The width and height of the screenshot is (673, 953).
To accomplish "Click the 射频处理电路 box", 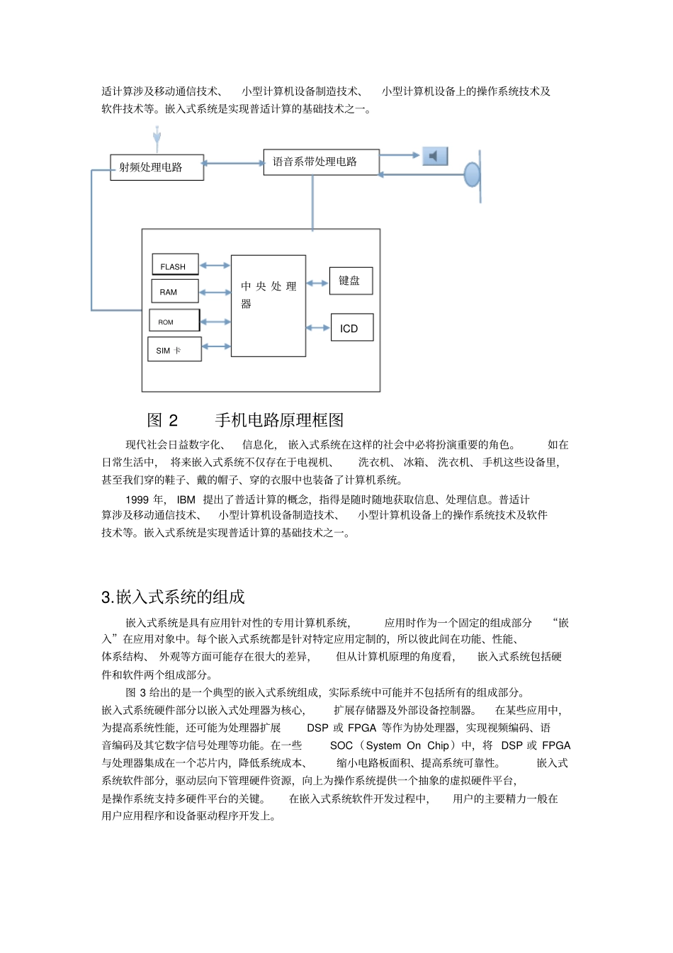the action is (157, 167).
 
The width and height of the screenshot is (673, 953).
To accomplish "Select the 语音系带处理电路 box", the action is (321, 162).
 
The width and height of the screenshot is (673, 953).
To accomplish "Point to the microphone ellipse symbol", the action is (472, 174).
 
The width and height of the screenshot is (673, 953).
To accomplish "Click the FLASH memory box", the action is (175, 264).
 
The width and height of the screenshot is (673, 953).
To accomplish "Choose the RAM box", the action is (174, 291).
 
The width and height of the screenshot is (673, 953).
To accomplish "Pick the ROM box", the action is (174, 320).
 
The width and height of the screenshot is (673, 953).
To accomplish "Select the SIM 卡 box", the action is (174, 350).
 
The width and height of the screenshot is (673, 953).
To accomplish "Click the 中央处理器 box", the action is (268, 305).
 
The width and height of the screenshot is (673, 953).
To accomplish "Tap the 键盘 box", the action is (351, 281).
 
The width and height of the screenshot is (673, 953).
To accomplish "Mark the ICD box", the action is (351, 328).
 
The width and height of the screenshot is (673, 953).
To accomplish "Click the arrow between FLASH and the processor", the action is (215, 266).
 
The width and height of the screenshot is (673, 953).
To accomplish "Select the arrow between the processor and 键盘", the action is (317, 283).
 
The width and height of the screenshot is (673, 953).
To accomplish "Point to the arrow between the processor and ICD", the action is (318, 328).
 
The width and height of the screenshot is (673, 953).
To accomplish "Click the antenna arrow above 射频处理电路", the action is (157, 137).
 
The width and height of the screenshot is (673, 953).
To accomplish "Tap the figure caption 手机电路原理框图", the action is (279, 420).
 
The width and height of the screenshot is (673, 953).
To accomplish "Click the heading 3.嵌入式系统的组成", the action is (173, 597).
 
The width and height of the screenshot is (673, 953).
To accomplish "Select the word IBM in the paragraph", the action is (186, 500).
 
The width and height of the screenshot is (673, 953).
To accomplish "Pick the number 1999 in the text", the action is (137, 500).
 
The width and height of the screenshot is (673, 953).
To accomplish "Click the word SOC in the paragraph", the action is (341, 745).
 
